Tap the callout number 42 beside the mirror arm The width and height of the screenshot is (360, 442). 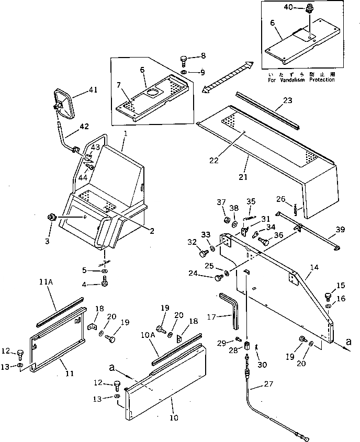[x=83, y=126]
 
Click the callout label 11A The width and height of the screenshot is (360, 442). [x=46, y=282]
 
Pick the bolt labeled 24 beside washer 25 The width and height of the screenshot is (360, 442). [x=219, y=277]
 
